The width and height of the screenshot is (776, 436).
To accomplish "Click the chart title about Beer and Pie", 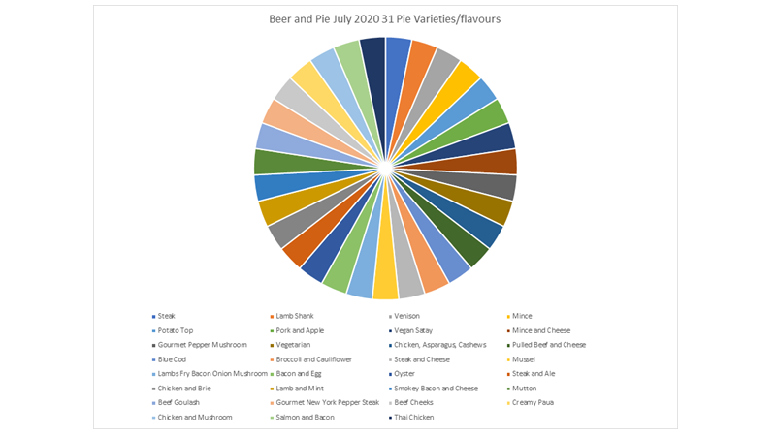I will pyautogui.click(x=386, y=18).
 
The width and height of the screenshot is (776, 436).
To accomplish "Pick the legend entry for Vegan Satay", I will pyautogui.click(x=414, y=330).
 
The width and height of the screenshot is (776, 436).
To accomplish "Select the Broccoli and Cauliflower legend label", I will pyautogui.click(x=312, y=359).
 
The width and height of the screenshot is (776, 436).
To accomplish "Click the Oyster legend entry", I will pyautogui.click(x=404, y=374).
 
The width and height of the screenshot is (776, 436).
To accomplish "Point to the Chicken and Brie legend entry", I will pyautogui.click(x=182, y=389).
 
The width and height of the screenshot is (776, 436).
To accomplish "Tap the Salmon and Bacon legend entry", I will pyautogui.click(x=304, y=418).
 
